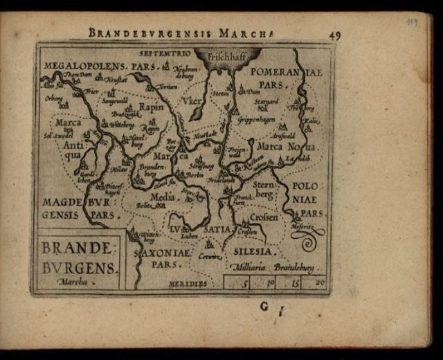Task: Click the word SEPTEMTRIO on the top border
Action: [x=164, y=53]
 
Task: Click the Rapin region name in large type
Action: [x=151, y=108]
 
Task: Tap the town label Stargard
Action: [x=266, y=101]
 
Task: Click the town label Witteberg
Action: [x=121, y=125]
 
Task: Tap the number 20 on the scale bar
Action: [x=319, y=282]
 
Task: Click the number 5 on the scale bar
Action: [x=245, y=282]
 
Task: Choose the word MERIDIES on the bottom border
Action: [x=187, y=283]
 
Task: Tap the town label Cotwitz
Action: [x=209, y=256]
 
